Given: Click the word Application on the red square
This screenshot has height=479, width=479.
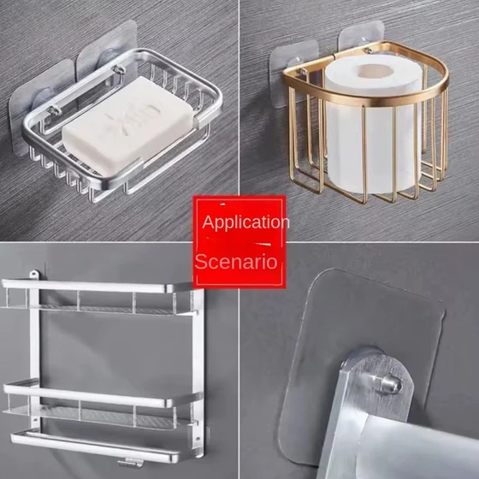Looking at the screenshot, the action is (x=245, y=222).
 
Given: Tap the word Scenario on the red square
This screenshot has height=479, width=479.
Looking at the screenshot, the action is (x=236, y=262).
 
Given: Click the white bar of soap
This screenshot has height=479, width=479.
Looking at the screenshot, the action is (x=128, y=127).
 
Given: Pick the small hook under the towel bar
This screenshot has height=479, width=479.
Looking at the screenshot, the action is (x=131, y=463).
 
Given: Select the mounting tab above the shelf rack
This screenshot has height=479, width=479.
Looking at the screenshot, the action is (x=34, y=274).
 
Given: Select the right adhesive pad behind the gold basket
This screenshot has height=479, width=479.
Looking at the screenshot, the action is (x=361, y=38).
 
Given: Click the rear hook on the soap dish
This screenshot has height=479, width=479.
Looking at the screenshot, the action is (x=119, y=69).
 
